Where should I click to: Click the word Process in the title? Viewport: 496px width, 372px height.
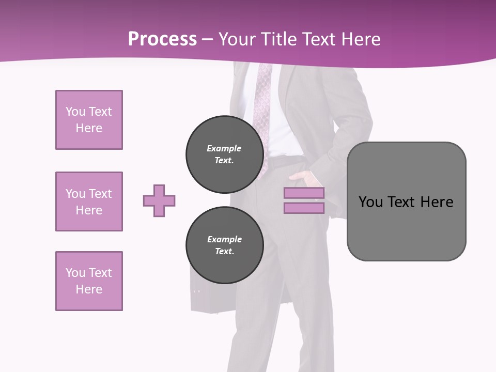pyautogui.click(x=162, y=39)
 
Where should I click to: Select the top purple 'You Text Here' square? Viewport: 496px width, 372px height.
pyautogui.click(x=89, y=120)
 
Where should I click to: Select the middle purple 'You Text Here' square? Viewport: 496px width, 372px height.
pyautogui.click(x=89, y=202)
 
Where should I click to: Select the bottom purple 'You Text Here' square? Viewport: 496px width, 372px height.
pyautogui.click(x=89, y=281)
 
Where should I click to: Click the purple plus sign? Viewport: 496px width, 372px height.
pyautogui.click(x=159, y=200)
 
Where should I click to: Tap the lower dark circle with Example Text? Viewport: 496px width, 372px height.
pyautogui.click(x=224, y=245)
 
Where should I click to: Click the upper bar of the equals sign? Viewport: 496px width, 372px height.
pyautogui.click(x=304, y=193)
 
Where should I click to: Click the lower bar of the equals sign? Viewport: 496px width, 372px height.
pyautogui.click(x=304, y=208)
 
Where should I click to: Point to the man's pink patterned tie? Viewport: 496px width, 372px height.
pyautogui.click(x=263, y=103)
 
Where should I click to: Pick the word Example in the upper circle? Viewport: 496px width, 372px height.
pyautogui.click(x=224, y=148)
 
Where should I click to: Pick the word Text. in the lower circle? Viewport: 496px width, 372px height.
pyautogui.click(x=224, y=251)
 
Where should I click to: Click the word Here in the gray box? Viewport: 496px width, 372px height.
pyautogui.click(x=437, y=202)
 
